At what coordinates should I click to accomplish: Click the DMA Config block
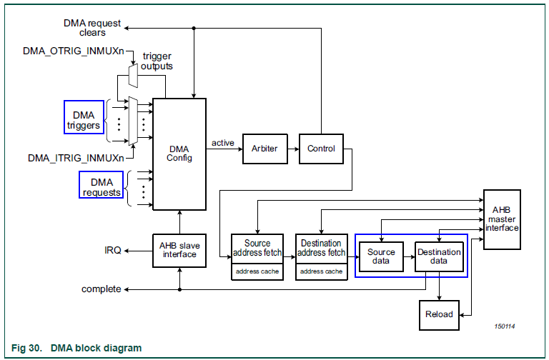179,153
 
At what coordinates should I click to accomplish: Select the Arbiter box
264,149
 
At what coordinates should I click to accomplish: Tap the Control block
321,149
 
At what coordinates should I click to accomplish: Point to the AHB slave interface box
179,250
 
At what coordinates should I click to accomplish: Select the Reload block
438,314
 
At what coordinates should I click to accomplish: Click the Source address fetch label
257,248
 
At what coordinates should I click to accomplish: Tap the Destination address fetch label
321,248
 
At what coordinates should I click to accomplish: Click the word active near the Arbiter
223,143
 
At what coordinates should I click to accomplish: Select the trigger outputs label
157,61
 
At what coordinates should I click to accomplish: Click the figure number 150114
504,326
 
